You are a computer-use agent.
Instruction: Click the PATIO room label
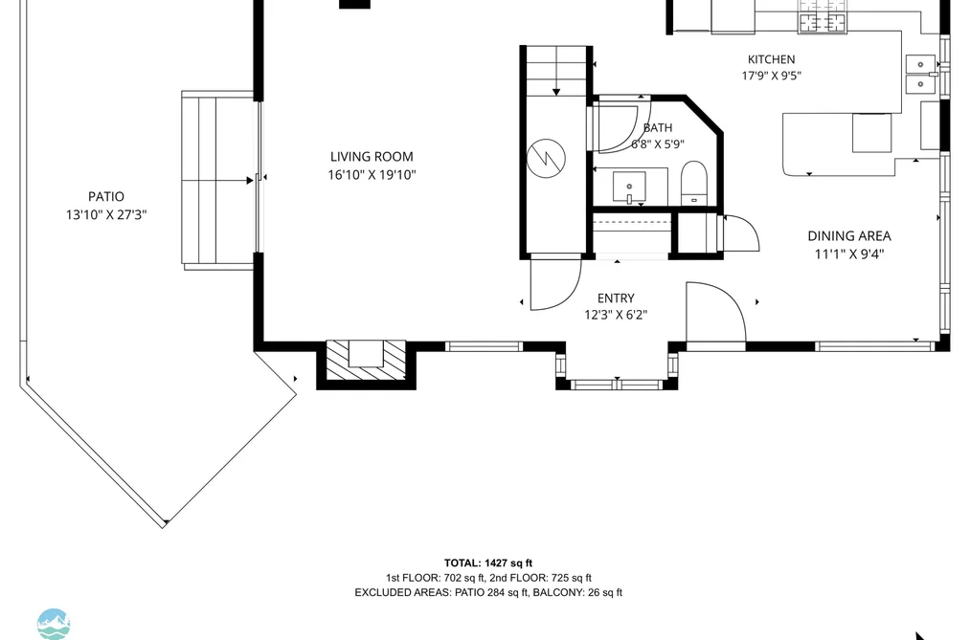point(105,196)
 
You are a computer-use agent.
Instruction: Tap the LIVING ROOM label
point(372,157)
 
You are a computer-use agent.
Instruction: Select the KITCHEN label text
point(772,59)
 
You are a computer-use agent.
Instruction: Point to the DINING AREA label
point(849,236)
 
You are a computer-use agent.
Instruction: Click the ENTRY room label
point(616,298)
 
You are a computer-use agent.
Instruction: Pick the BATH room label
point(658,128)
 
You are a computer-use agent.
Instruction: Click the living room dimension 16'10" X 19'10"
point(372,175)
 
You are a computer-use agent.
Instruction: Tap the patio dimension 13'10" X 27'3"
point(105,215)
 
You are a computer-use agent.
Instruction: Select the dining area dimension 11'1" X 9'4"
point(849,254)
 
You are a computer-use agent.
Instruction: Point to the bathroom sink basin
point(629,188)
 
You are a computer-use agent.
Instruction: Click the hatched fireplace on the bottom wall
point(366,361)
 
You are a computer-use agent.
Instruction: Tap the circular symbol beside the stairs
point(546,157)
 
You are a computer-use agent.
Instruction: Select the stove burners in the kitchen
point(823,22)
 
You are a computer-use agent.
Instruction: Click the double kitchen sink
point(921,74)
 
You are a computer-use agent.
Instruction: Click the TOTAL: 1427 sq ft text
point(488,563)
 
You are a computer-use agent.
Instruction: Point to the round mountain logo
point(54,624)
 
